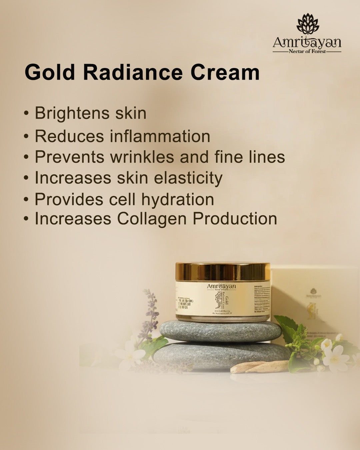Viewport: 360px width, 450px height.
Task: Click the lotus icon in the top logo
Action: pyautogui.click(x=307, y=24)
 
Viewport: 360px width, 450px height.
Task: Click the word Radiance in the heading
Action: pyautogui.click(x=133, y=72)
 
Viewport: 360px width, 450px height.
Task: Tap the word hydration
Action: pyautogui.click(x=177, y=199)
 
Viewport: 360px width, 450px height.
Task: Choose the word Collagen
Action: pyautogui.click(x=152, y=219)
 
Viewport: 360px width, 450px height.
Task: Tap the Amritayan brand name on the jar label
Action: pyautogui.click(x=221, y=286)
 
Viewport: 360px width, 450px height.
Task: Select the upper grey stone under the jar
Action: pyautogui.click(x=221, y=331)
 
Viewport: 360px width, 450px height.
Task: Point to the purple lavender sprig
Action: pyautogui.click(x=151, y=313)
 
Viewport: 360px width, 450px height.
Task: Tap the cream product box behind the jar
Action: pyautogui.click(x=313, y=293)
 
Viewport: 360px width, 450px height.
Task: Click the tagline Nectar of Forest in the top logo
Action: pyautogui.click(x=307, y=52)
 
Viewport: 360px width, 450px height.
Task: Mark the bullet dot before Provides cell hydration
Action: pyautogui.click(x=26, y=200)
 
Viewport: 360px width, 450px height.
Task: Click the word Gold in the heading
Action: pyautogui.click(x=50, y=72)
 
